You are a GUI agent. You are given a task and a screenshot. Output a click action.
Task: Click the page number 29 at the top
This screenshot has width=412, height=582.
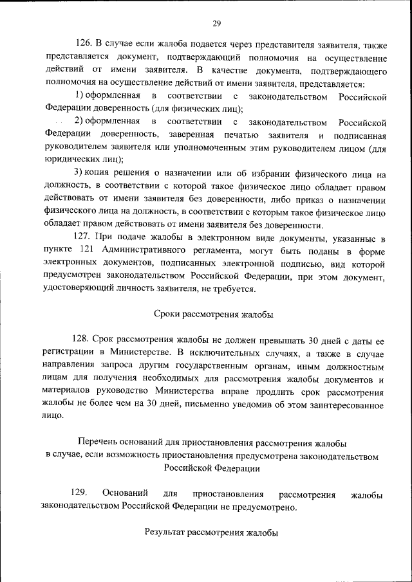pyautogui.click(x=217, y=24)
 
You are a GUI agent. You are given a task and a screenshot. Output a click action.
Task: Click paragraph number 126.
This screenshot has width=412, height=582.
pyautogui.click(x=84, y=44)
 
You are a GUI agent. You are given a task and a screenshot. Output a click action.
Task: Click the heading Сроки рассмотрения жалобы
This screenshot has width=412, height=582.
pyautogui.click(x=214, y=314)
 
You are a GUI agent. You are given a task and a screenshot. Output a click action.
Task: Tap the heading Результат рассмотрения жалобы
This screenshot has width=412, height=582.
pyautogui.click(x=211, y=532)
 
